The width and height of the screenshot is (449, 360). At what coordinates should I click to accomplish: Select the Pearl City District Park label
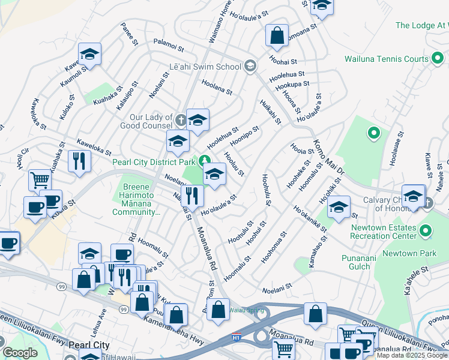pos(154,161)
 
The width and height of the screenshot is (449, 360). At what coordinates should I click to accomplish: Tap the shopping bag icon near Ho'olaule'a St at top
pos(277,35)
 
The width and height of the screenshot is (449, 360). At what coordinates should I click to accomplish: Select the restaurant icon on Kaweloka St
pos(79,160)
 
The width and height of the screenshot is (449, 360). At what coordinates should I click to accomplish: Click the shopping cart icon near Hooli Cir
pos(40,179)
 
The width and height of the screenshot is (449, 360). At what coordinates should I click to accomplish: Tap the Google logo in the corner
pos(20,353)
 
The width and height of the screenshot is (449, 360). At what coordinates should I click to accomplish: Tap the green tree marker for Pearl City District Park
pos(205,160)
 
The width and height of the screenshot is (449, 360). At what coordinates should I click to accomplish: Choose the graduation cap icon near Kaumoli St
pos(89,55)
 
